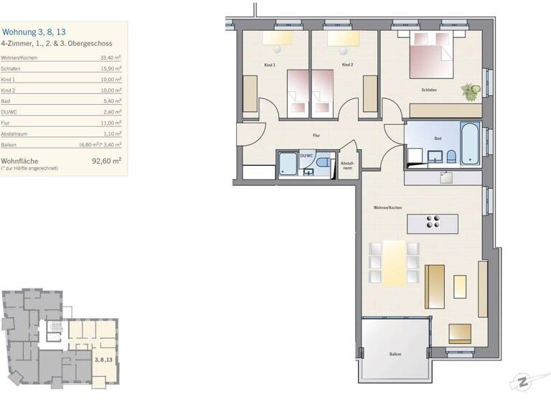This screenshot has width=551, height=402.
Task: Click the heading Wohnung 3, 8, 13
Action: pyautogui.click(x=34, y=32)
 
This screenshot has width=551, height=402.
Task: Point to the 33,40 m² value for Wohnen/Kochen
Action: pyautogui.click(x=110, y=58)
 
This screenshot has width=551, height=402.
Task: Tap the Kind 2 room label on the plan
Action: pyautogui.click(x=347, y=65)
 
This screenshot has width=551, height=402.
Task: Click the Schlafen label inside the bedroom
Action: pyautogui.click(x=430, y=90)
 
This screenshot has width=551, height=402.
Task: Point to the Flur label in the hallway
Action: pyautogui.click(x=316, y=135)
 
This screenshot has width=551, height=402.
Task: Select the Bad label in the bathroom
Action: pyautogui.click(x=438, y=138)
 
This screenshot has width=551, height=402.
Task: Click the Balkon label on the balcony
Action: pyautogui.click(x=395, y=355)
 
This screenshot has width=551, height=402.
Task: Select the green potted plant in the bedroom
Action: pyautogui.click(x=470, y=91)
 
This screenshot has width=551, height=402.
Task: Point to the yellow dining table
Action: pyautogui.click(x=394, y=263)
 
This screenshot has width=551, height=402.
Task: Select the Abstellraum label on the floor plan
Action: pyautogui.click(x=347, y=164)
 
